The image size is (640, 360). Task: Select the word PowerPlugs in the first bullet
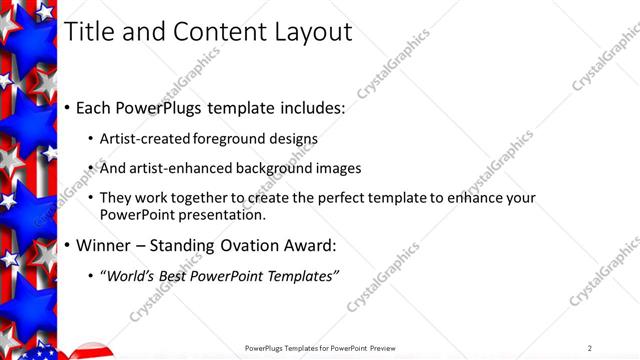coord(168,107)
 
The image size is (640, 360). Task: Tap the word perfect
coord(330,198)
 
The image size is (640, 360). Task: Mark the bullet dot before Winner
coord(67,246)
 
